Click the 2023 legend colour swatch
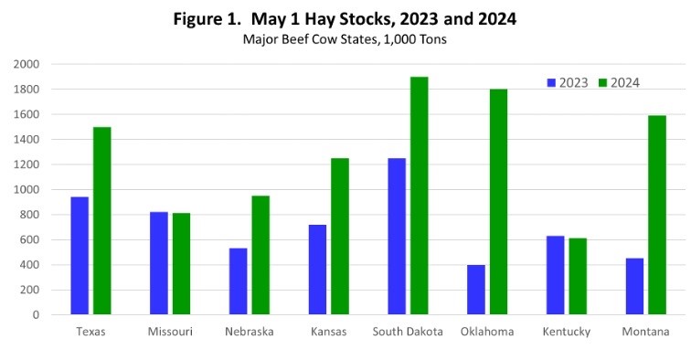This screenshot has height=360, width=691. [552, 82]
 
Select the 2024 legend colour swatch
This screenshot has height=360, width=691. [601, 82]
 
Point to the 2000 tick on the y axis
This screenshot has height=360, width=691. [27, 64]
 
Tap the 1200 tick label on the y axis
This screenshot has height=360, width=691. [27, 164]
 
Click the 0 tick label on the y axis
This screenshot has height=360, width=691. [36, 315]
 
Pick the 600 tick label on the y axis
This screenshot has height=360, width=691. [30, 239]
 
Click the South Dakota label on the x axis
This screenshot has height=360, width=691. [409, 332]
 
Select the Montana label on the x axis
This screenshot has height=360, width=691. [645, 332]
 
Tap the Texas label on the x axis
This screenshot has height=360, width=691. [90, 332]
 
